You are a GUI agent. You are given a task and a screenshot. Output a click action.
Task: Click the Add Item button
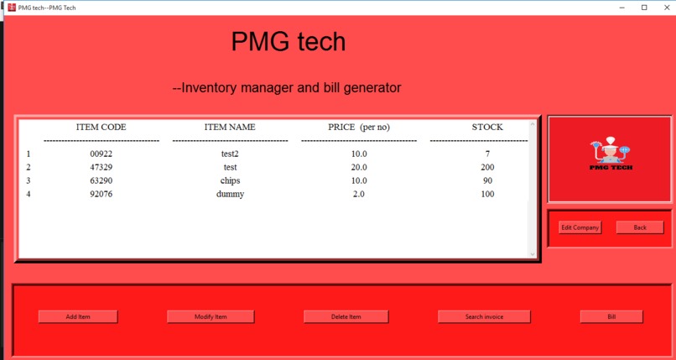[x=78, y=316]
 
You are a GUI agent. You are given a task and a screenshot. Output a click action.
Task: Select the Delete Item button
[x=346, y=316]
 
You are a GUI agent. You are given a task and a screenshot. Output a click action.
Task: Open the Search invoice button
[x=484, y=316]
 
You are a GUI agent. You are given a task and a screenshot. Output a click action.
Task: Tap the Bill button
[x=611, y=316]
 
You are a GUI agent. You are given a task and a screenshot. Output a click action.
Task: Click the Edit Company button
[x=580, y=227]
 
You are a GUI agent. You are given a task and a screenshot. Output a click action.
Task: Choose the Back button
[x=640, y=227]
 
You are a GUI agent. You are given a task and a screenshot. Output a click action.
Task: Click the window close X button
[x=665, y=8]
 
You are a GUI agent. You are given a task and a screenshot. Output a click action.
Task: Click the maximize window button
[x=644, y=8]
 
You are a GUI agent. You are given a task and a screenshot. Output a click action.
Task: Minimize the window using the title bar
[x=623, y=8]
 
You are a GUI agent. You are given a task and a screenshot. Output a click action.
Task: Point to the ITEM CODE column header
[x=101, y=127]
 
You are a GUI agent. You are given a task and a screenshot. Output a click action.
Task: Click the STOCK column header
[x=487, y=127]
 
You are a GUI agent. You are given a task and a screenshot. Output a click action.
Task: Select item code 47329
[x=101, y=167]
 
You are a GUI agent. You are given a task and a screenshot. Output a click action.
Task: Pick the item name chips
[x=230, y=180]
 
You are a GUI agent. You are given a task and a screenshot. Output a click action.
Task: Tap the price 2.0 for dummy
[x=359, y=194]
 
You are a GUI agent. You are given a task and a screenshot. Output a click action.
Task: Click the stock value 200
[x=487, y=167]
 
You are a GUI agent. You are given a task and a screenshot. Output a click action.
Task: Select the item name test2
[x=230, y=154]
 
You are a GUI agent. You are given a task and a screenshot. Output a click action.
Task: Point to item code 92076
[x=101, y=194]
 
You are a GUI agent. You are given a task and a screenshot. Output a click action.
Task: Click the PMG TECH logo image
[x=610, y=159]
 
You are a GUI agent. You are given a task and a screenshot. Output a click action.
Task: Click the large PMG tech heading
[x=288, y=41]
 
